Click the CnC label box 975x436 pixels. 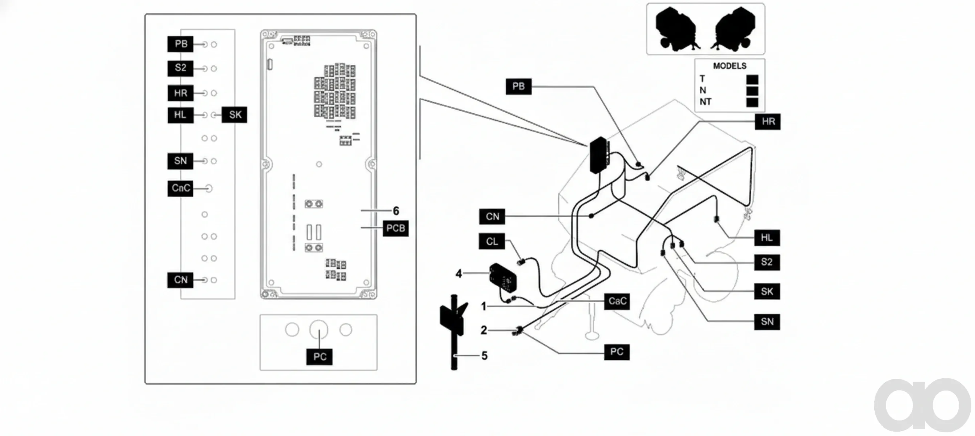181,188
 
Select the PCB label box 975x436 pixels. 396,229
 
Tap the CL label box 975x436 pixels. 491,241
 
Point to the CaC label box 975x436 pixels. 617,301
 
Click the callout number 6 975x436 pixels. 396,211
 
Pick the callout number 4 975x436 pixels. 459,273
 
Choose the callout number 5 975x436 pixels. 485,356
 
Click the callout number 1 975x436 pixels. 484,306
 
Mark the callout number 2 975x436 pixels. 484,330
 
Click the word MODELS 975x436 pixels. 730,66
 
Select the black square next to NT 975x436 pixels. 752,102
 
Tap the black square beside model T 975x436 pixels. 752,80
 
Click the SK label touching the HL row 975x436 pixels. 235,115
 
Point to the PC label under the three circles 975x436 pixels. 320,357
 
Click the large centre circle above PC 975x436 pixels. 319,330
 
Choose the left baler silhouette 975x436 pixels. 677,29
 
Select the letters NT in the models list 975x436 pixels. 706,102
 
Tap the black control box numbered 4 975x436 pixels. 503,279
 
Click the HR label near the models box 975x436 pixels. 767,122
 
